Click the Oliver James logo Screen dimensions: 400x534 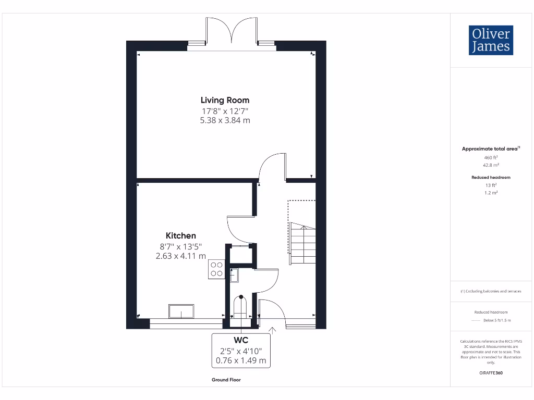491,40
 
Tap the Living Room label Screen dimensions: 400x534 225,100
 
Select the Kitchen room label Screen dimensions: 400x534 181,235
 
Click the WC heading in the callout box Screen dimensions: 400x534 241,341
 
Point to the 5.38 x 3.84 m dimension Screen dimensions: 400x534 225,120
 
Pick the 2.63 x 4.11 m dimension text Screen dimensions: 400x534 181,256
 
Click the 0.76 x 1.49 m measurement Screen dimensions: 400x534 241,360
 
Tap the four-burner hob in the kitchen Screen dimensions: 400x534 216,269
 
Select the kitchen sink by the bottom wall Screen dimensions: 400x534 181,311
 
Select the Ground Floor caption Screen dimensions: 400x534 226,380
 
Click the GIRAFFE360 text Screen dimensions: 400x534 491,373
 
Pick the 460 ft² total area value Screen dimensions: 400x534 491,157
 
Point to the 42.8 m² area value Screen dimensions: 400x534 491,165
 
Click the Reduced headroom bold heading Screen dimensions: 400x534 491,178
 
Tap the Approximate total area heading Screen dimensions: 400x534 490,149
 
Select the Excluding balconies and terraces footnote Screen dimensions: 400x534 491,291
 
